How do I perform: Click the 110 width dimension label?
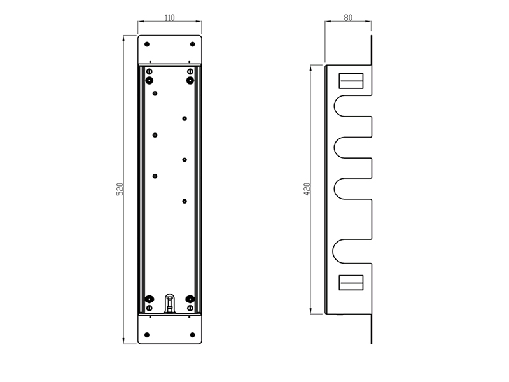(169, 18)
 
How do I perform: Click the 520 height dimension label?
(120, 189)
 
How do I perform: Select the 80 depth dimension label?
(348, 18)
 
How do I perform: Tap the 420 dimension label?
(307, 189)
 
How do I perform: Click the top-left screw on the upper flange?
(147, 44)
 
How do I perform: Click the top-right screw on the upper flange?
(193, 44)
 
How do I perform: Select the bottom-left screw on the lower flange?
(147, 335)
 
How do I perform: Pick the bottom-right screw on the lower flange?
(193, 335)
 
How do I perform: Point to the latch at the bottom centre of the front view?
(169, 303)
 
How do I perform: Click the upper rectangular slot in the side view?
(351, 81)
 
